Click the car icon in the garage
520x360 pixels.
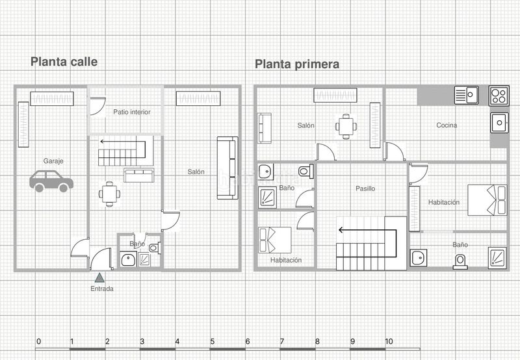click(51, 181)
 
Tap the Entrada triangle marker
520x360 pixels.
click(99, 277)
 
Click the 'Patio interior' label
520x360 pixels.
click(132, 112)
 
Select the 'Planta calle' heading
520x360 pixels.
click(64, 62)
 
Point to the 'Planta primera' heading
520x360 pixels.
click(297, 64)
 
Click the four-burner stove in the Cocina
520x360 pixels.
click(499, 96)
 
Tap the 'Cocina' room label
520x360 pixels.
click(447, 125)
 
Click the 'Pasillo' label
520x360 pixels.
click(365, 188)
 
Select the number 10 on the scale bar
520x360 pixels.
click(389, 341)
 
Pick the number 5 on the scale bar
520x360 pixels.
click(213, 341)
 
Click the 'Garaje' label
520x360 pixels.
click(53, 161)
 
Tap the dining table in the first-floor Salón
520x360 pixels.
click(346, 127)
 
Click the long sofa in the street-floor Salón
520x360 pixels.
click(227, 168)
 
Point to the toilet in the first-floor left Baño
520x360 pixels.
click(305, 172)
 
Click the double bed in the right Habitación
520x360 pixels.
click(487, 200)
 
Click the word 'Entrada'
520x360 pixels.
click(102, 289)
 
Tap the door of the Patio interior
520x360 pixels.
click(98, 106)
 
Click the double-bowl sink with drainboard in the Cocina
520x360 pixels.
click(466, 95)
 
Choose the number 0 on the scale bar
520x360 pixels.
click(39, 341)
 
